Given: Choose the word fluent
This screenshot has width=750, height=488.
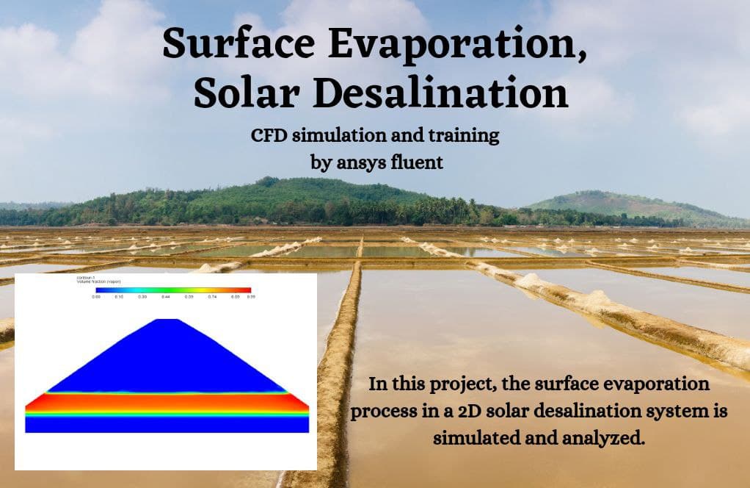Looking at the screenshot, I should [x=420, y=162].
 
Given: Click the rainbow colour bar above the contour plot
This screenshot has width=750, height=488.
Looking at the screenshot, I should [x=173, y=291].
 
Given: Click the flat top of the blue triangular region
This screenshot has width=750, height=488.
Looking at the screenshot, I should [x=169, y=320].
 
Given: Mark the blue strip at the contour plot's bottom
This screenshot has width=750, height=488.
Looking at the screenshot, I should [x=167, y=425].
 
